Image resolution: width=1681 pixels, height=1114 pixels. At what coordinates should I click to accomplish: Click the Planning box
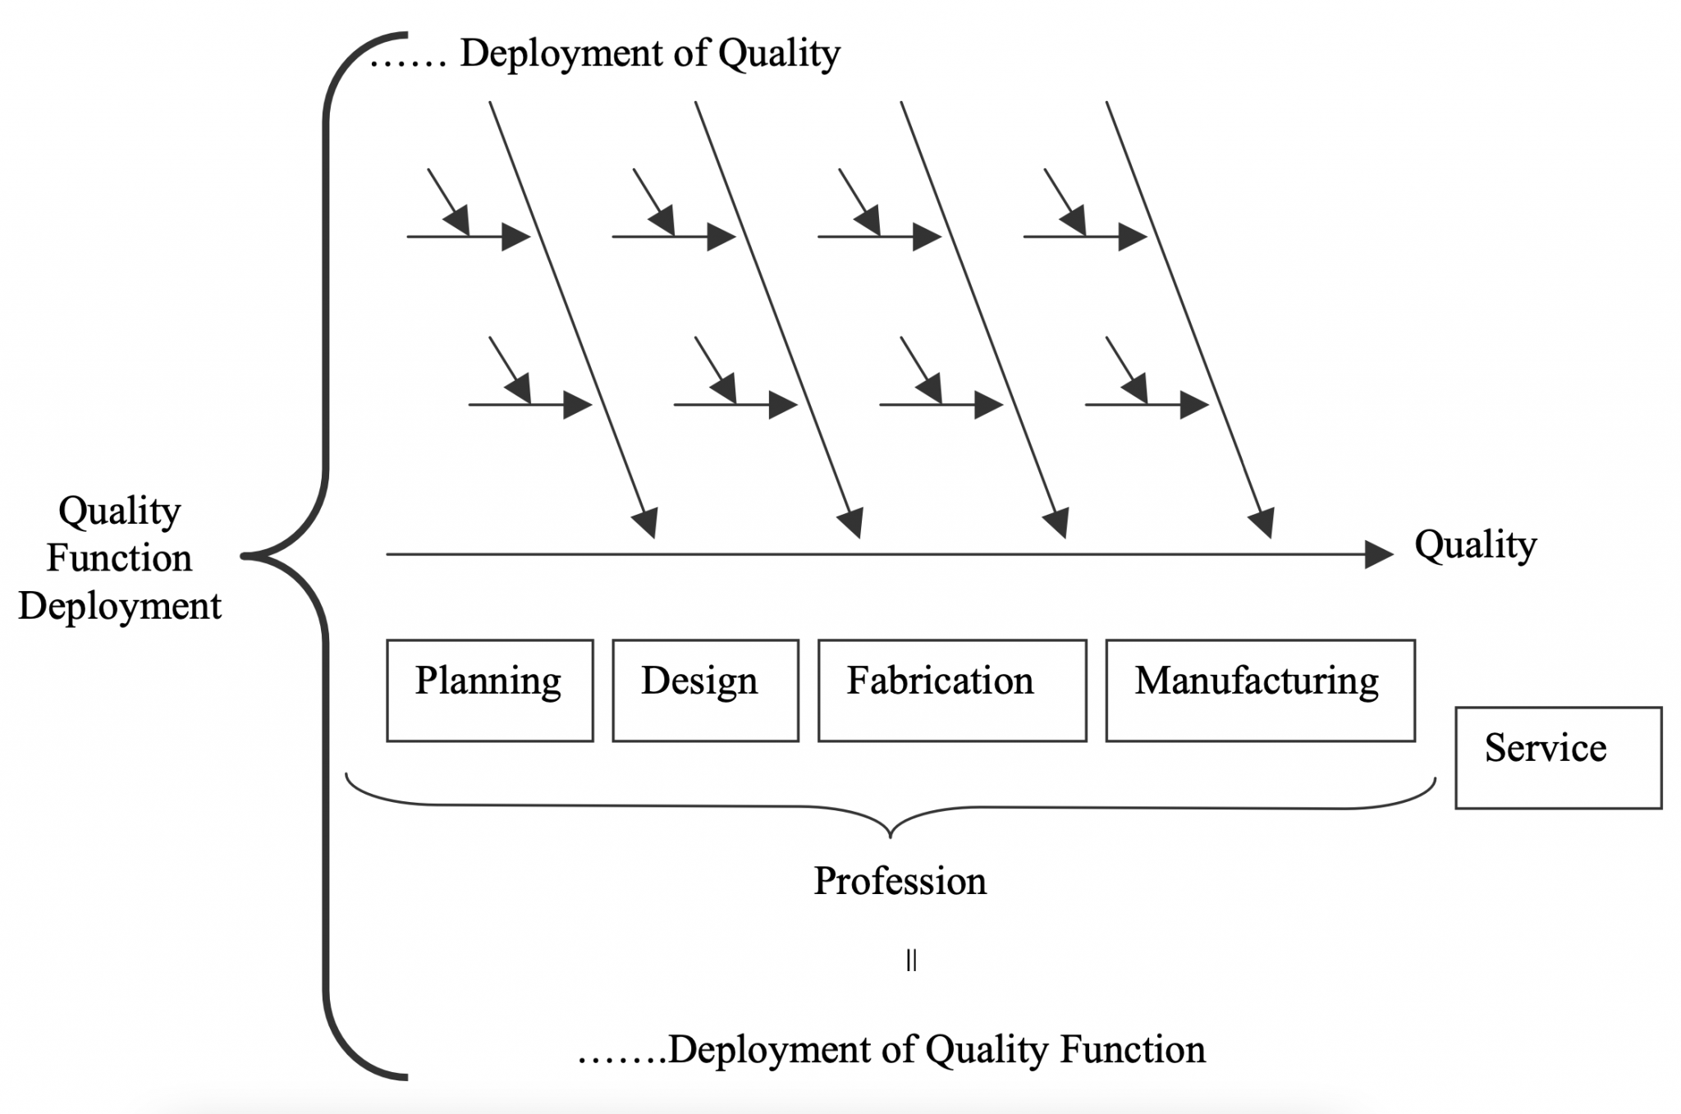point(489,690)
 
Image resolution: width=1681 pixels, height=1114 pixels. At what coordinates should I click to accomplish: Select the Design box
point(705,690)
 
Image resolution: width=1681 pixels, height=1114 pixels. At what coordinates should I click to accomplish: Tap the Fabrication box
point(952,690)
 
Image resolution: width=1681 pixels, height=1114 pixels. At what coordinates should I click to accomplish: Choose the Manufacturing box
point(1260,690)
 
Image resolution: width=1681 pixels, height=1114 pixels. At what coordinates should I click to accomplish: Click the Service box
point(1558,758)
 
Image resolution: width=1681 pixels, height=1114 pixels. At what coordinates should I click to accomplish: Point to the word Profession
point(900,881)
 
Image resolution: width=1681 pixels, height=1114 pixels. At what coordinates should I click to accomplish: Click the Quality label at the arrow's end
point(1475,545)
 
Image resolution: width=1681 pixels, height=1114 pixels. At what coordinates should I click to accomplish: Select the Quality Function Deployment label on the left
point(120,558)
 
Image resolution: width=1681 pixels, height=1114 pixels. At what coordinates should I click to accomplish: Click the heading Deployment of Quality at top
point(649,53)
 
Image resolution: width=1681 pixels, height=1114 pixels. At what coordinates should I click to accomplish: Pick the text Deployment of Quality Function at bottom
point(937,1050)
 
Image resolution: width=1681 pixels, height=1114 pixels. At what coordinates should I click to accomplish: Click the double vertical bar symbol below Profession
point(911,960)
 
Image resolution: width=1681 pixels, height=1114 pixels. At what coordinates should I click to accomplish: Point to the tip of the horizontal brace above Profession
point(891,837)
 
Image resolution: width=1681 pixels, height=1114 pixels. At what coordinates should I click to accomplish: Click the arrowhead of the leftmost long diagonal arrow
point(647,523)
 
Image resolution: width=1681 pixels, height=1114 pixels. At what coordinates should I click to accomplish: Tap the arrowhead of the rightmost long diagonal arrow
point(1263,523)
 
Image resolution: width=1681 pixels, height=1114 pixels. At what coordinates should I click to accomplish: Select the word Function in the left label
point(120,558)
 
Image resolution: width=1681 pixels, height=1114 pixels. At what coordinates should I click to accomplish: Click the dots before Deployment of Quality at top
point(408,58)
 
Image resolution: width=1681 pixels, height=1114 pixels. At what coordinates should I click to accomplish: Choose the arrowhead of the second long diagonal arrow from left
point(852,523)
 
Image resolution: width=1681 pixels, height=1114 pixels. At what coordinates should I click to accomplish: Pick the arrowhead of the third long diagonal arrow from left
point(1057,523)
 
